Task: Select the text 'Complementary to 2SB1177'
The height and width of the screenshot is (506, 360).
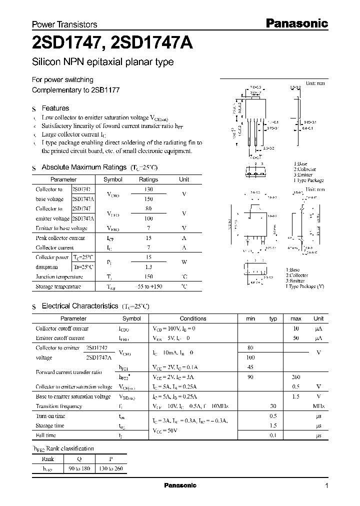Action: (75, 90)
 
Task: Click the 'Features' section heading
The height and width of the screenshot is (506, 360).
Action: (55, 108)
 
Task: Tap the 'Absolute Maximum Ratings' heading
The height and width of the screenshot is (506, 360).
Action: (83, 167)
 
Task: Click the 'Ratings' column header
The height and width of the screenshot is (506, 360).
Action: (148, 179)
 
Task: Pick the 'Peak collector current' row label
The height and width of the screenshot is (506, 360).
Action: (60, 238)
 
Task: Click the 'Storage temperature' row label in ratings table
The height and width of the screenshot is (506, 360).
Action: (58, 287)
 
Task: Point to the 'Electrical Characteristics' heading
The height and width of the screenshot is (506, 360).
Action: (79, 305)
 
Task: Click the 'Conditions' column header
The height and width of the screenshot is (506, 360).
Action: (193, 318)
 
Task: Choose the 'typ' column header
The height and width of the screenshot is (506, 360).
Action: (273, 318)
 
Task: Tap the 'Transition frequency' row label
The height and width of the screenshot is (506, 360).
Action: (59, 406)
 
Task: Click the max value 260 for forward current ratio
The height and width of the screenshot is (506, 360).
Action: (295, 377)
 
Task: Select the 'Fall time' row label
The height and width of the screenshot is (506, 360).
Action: (46, 435)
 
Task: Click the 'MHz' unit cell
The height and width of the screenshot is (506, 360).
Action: (318, 406)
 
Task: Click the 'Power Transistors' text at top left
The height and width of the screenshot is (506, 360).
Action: (64, 24)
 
